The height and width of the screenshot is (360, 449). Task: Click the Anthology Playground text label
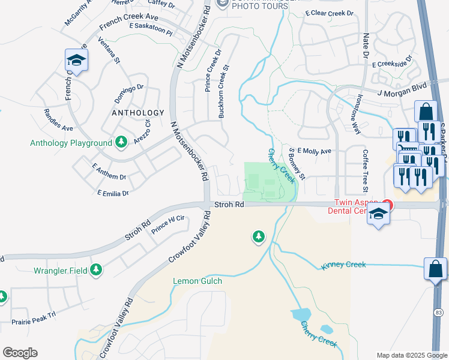(x=71, y=143)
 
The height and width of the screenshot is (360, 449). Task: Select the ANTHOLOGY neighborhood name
(x=137, y=113)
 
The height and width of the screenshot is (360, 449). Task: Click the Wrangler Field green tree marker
(x=96, y=271)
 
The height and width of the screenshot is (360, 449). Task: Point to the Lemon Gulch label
(x=197, y=281)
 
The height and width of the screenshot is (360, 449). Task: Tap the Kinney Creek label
(x=343, y=264)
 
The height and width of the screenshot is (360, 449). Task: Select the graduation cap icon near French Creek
(x=77, y=61)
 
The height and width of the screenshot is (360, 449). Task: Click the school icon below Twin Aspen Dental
(x=378, y=215)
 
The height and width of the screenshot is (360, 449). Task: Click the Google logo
(x=20, y=353)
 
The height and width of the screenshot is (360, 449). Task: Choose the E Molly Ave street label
(x=314, y=152)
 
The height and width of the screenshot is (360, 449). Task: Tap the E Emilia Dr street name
(x=113, y=193)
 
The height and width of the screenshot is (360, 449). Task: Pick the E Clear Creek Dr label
(x=329, y=13)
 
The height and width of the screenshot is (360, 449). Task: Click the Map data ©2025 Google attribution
(x=411, y=355)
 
